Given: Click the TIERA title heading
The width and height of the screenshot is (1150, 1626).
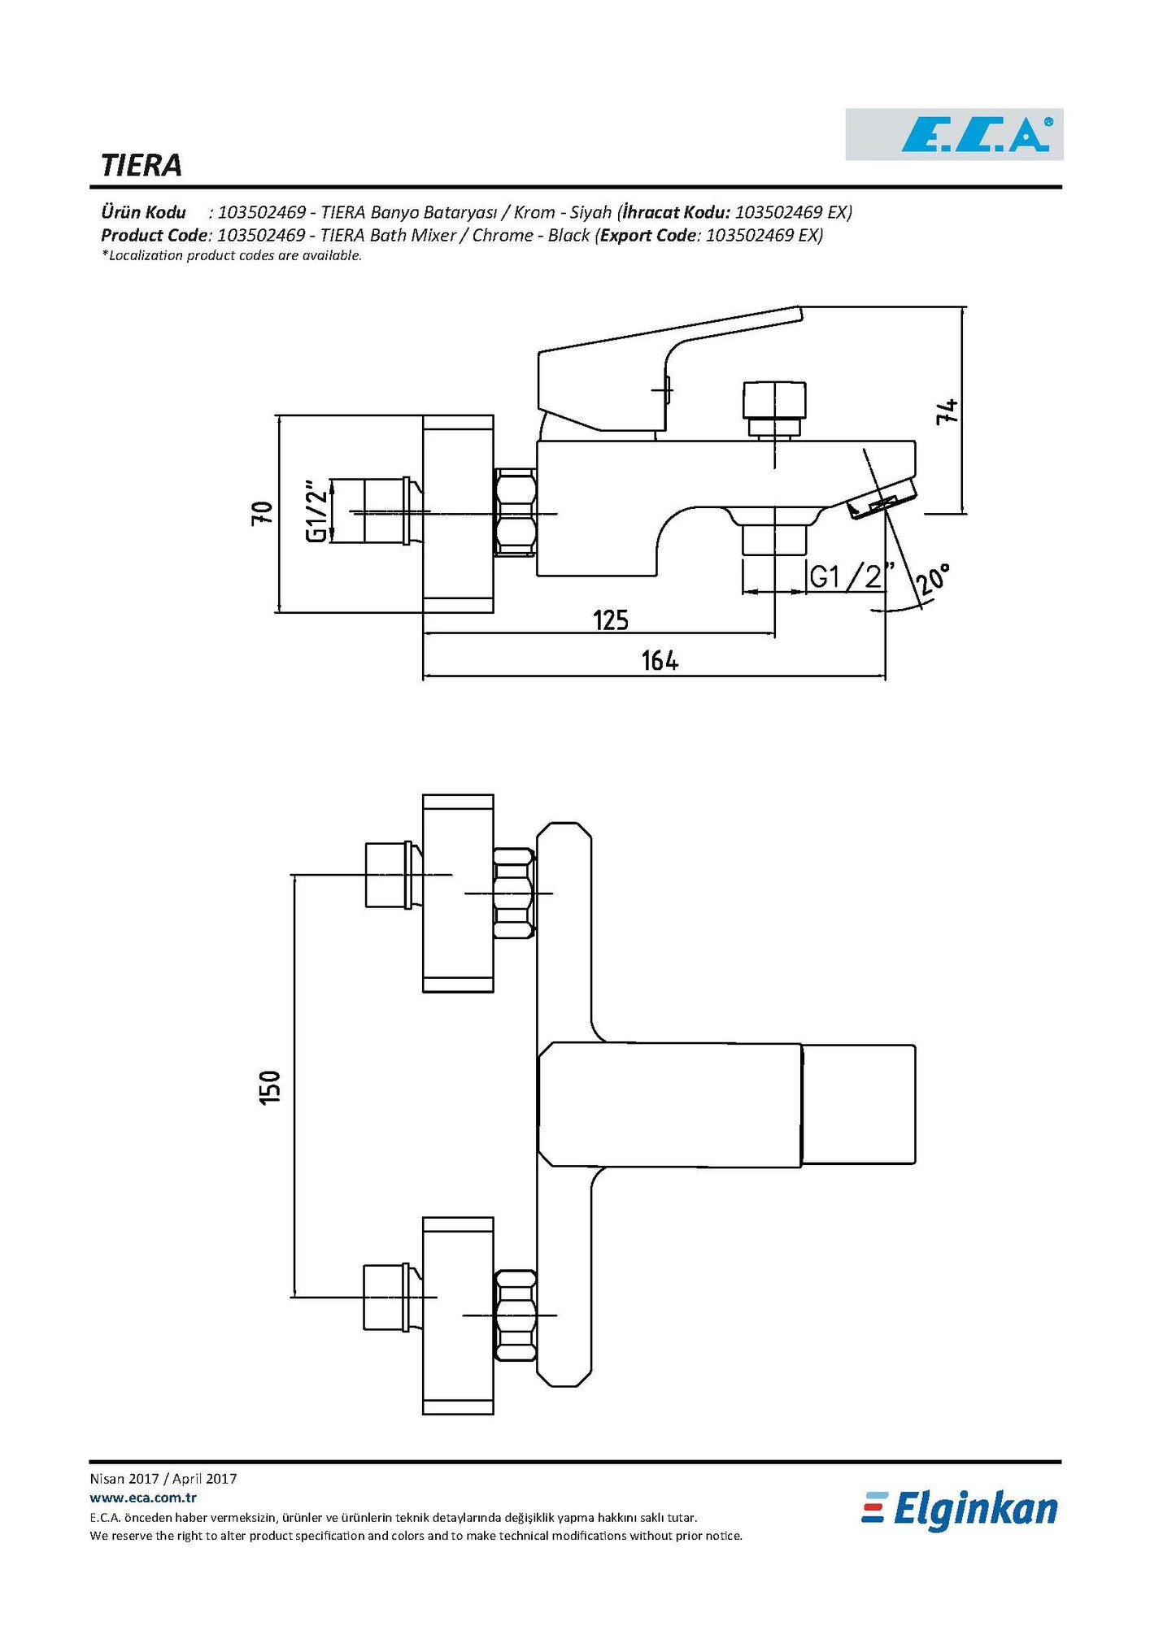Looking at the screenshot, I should [x=142, y=165].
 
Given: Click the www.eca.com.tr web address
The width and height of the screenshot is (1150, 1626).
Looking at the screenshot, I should [x=143, y=1498].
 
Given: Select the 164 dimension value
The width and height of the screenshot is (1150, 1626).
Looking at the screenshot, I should [x=660, y=660].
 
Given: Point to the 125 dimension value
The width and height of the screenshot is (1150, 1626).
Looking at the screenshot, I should [x=611, y=620].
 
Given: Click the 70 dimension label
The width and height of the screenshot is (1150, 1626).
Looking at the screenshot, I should [x=263, y=513].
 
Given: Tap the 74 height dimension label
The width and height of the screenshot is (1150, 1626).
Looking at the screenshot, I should [x=947, y=411].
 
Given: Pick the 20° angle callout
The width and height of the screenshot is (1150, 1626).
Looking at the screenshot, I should [x=932, y=580].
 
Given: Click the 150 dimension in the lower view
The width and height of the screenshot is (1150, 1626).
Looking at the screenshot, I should [x=270, y=1086].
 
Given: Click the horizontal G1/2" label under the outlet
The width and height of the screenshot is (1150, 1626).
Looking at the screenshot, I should [x=851, y=576].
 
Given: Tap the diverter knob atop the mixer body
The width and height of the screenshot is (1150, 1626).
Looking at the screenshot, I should [x=774, y=400].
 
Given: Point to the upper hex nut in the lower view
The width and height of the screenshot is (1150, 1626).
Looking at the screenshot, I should [x=514, y=893].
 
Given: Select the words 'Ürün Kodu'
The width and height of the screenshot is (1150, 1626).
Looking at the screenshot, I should [x=143, y=212].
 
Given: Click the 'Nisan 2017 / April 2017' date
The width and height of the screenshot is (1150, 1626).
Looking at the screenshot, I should [x=163, y=1479].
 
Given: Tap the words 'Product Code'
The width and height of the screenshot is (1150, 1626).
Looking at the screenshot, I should [x=155, y=235].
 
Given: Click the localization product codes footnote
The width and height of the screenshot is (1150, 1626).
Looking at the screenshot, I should [x=232, y=255].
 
